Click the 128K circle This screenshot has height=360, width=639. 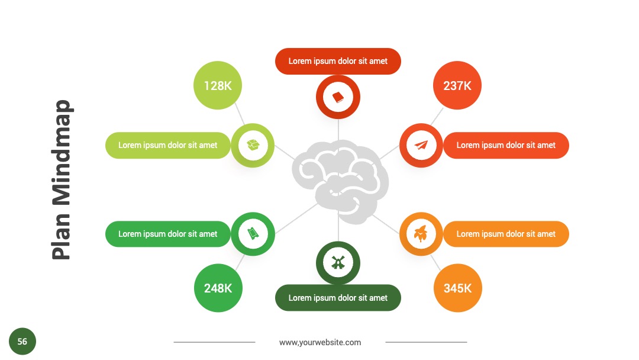[218, 85]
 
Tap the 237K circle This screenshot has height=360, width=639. [457, 85]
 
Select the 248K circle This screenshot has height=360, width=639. [218, 288]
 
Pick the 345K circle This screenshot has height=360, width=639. [457, 288]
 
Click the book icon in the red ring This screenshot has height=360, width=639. [338, 97]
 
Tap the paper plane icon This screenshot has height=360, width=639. [421, 145]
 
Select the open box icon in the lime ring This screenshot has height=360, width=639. [253, 144]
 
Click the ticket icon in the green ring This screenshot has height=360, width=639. [253, 234]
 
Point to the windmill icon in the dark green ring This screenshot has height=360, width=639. [338, 262]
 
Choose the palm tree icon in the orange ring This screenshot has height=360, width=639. [421, 234]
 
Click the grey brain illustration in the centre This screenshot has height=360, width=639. [340, 181]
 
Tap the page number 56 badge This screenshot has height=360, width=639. [22, 341]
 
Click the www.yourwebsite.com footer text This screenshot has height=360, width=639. [320, 342]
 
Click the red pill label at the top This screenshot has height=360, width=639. [338, 61]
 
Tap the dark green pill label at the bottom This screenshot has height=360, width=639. [338, 298]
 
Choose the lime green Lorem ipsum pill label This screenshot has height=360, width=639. [167, 145]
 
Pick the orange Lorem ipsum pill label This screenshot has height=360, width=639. [506, 234]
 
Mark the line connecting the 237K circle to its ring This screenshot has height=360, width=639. [437, 117]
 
